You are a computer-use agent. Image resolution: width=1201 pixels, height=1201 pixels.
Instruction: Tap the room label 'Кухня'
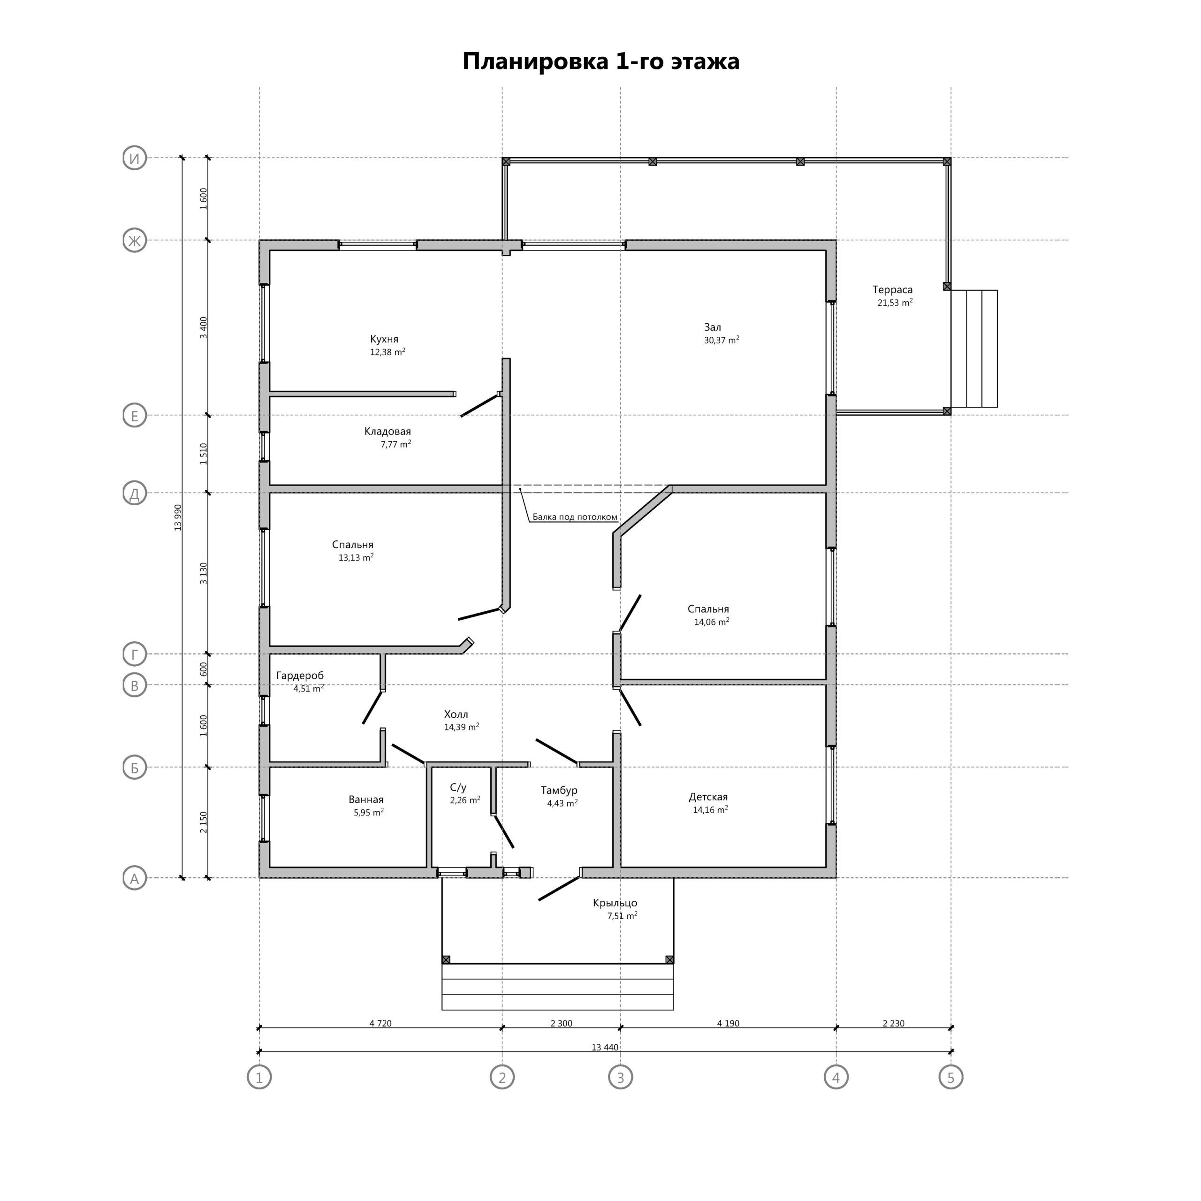coord(384,339)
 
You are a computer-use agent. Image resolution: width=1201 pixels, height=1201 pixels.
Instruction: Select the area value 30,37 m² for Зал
coord(722,340)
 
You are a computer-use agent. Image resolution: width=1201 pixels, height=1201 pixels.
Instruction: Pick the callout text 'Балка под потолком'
coord(575,517)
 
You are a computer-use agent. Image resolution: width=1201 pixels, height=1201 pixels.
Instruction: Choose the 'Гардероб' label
coord(300,676)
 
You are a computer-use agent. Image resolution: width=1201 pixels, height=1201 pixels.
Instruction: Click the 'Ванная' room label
coord(365,800)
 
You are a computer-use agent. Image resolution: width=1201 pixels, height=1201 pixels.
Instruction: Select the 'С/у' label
coord(458,788)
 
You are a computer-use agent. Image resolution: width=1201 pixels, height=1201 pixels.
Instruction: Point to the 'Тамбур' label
coord(559,791)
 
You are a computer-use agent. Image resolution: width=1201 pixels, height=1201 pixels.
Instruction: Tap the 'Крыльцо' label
coord(615,903)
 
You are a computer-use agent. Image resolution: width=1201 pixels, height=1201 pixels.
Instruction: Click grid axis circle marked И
coord(134,158)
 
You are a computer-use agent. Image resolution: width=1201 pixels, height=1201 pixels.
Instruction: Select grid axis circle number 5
coord(950,1077)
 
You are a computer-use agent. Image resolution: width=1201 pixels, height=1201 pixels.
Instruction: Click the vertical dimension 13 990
coord(178,517)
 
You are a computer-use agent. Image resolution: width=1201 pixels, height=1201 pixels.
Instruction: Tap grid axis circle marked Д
coord(134,494)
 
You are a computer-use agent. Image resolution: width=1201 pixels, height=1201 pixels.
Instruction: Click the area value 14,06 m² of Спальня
coord(712,622)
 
